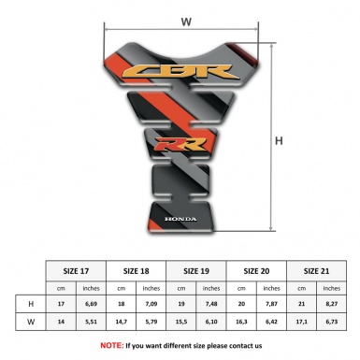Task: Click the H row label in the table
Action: click(x=32, y=305)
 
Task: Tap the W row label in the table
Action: click(x=32, y=324)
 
